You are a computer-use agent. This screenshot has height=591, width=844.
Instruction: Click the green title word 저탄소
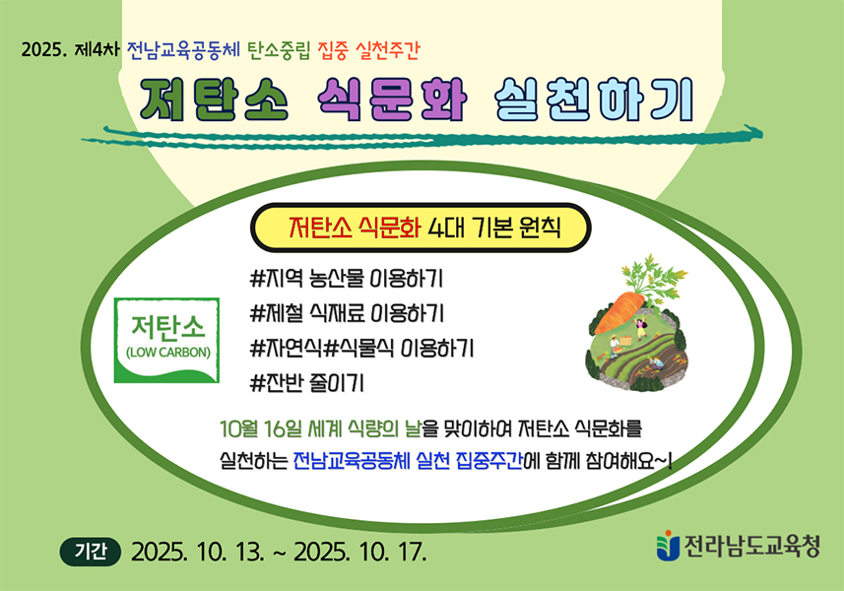point(215,100)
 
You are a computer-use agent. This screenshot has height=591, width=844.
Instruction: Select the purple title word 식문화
point(391,100)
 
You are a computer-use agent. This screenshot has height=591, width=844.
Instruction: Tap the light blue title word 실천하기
point(594,100)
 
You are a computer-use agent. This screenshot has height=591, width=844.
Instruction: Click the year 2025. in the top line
point(43,50)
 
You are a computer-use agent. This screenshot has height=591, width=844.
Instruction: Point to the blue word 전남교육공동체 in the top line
point(183,50)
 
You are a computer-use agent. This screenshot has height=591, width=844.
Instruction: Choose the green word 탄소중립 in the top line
point(279,50)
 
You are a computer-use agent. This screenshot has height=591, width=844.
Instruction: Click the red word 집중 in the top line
point(333,50)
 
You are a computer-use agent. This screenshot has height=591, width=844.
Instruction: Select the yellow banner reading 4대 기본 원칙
point(421,228)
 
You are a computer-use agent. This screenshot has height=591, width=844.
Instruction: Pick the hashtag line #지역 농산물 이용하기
point(347,279)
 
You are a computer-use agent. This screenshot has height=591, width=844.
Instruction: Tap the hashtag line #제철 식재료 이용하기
point(348,313)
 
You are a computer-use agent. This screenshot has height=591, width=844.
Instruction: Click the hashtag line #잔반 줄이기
point(307,383)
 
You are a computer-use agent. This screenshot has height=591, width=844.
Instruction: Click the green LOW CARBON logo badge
point(166,340)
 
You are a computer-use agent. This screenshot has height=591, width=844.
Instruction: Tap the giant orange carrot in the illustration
point(619,312)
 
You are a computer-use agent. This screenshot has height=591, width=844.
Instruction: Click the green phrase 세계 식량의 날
point(364,429)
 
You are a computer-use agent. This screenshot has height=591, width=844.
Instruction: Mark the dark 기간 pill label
point(91,552)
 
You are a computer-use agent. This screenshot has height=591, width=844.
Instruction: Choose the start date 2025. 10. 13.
point(198,553)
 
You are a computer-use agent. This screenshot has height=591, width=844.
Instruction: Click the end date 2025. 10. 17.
point(360,553)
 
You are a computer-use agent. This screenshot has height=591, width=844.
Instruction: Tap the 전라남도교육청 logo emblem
point(668,546)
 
